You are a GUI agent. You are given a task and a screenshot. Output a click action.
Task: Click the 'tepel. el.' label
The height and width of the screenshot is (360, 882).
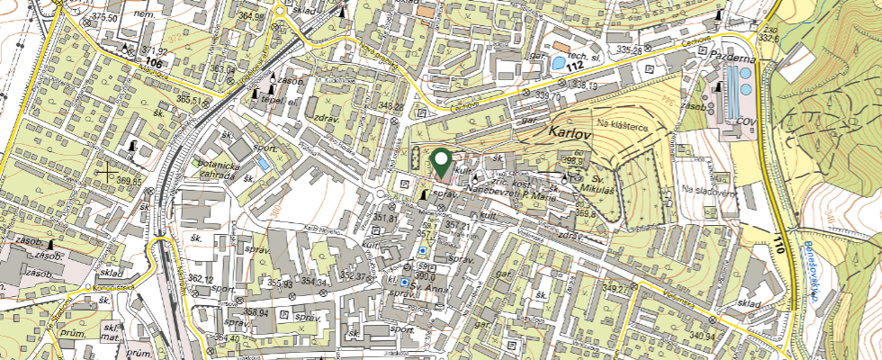click(279, 101)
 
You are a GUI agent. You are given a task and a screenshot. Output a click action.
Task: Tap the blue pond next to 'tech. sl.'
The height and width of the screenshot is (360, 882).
click(560, 63)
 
